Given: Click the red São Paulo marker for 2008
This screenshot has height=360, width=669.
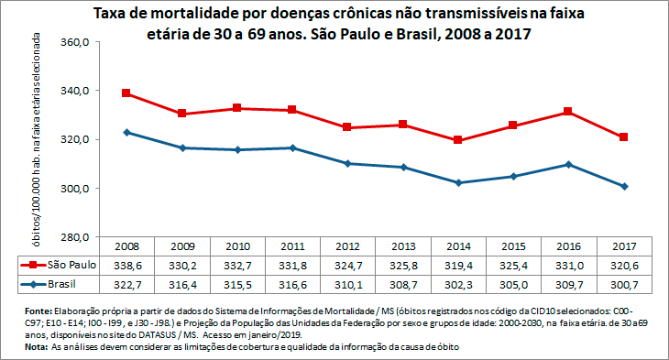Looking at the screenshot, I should (x=126, y=93).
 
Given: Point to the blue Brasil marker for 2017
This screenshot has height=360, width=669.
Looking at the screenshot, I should (x=624, y=186).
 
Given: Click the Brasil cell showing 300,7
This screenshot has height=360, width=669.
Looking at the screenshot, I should (x=624, y=285).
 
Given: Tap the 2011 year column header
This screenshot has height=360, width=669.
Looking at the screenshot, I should (x=292, y=246).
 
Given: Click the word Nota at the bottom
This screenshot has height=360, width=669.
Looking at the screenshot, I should (x=37, y=348).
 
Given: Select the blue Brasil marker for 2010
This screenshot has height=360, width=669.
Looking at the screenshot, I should (x=236, y=149).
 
